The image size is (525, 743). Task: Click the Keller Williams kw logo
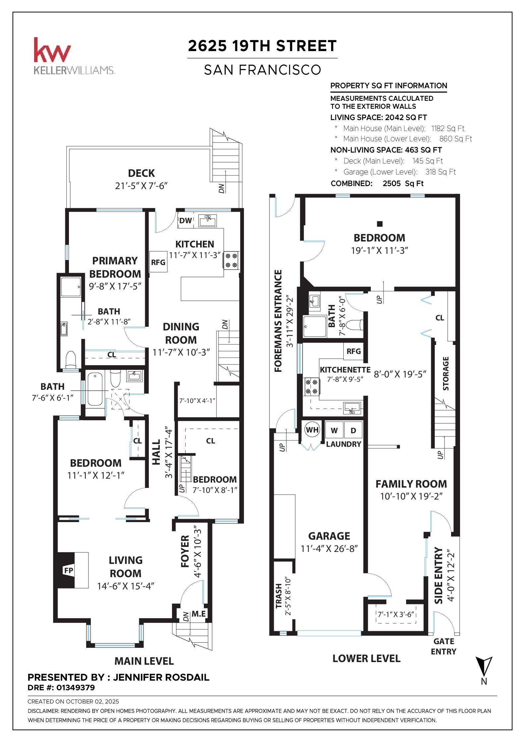point(52,50)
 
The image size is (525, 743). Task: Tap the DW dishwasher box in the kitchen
point(185,221)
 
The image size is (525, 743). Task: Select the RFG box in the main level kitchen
point(158,262)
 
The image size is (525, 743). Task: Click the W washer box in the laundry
point(334,431)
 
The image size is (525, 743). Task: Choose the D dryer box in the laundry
point(353,431)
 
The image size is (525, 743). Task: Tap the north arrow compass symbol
point(484,667)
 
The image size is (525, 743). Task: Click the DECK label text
point(141,173)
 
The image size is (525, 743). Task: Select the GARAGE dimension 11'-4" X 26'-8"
point(329,549)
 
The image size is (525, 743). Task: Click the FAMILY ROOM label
point(411,484)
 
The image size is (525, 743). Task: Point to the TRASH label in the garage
point(279,596)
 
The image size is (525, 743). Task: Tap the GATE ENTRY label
point(443,646)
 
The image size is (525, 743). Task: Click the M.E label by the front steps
point(199,614)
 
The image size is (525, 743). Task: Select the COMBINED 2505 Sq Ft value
point(403,183)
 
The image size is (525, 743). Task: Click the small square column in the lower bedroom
point(380,224)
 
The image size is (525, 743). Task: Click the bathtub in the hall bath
point(95,389)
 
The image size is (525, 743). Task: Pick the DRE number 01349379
point(76,688)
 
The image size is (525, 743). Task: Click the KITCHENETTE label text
point(345,370)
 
